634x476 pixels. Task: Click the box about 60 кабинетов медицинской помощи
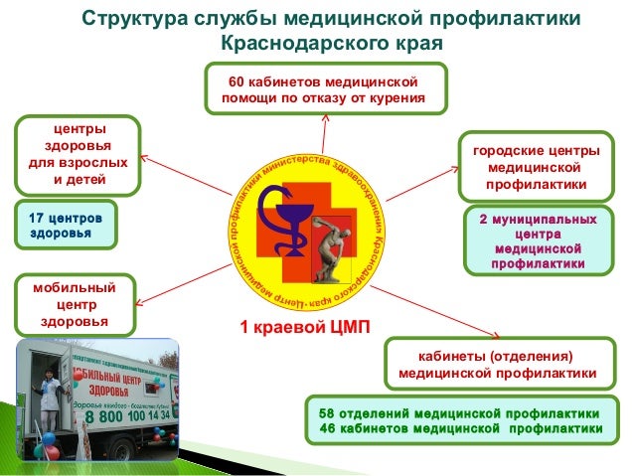point(325,88)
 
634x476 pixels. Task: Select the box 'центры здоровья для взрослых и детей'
point(76,155)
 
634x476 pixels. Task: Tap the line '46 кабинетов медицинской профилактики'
point(460,428)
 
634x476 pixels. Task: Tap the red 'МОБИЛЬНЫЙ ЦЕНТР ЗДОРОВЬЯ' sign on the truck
point(121,384)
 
